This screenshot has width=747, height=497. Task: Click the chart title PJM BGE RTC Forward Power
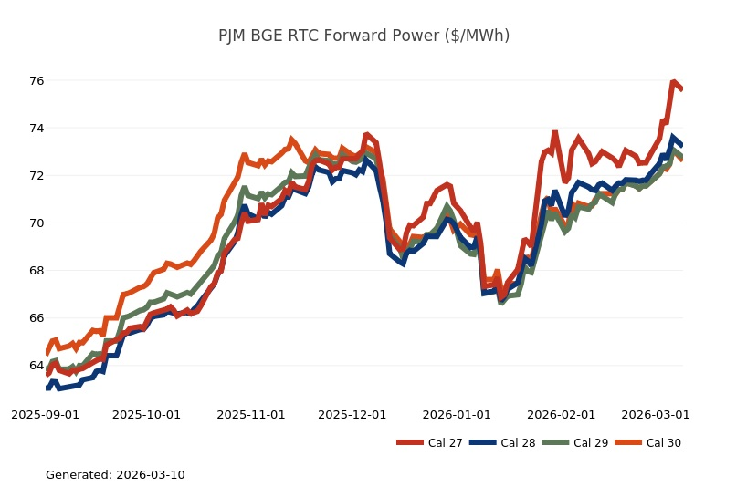pos(363,36)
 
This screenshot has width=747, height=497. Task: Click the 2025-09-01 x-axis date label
pos(45,414)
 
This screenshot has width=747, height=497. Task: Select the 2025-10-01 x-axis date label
pos(147,414)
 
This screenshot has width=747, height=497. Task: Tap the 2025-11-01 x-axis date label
pos(251,414)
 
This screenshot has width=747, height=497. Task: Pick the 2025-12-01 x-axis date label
pos(352,414)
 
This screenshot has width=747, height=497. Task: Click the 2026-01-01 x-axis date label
pos(457,414)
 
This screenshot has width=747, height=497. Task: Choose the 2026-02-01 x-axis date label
pos(562,414)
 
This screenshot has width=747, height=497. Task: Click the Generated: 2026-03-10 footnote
pos(115,475)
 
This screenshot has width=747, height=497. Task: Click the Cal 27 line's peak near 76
pos(673,82)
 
